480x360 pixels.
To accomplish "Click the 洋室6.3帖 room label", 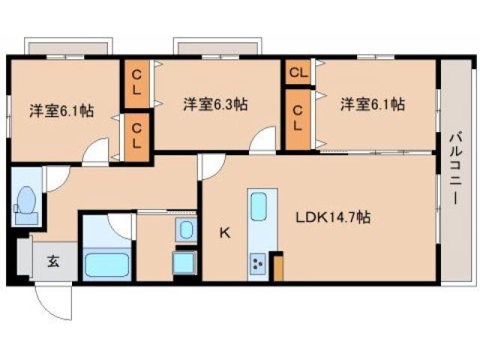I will coord(216,105).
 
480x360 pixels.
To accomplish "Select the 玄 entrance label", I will coord(53,262).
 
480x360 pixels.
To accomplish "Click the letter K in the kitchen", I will coord(224,232).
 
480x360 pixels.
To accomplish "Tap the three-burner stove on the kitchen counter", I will coord(259,265).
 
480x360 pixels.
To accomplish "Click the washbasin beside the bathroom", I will coord(185,229).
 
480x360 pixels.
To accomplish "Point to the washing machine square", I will coord(185,263).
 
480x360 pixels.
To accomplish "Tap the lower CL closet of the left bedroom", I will coord(136,136).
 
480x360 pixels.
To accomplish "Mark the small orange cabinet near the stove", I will coord(278,268).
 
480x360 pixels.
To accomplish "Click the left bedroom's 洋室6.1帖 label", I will coord(61,110).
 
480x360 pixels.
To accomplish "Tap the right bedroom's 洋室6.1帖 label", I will coord(372,104).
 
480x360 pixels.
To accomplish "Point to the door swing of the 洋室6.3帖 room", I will coord(264,141).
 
